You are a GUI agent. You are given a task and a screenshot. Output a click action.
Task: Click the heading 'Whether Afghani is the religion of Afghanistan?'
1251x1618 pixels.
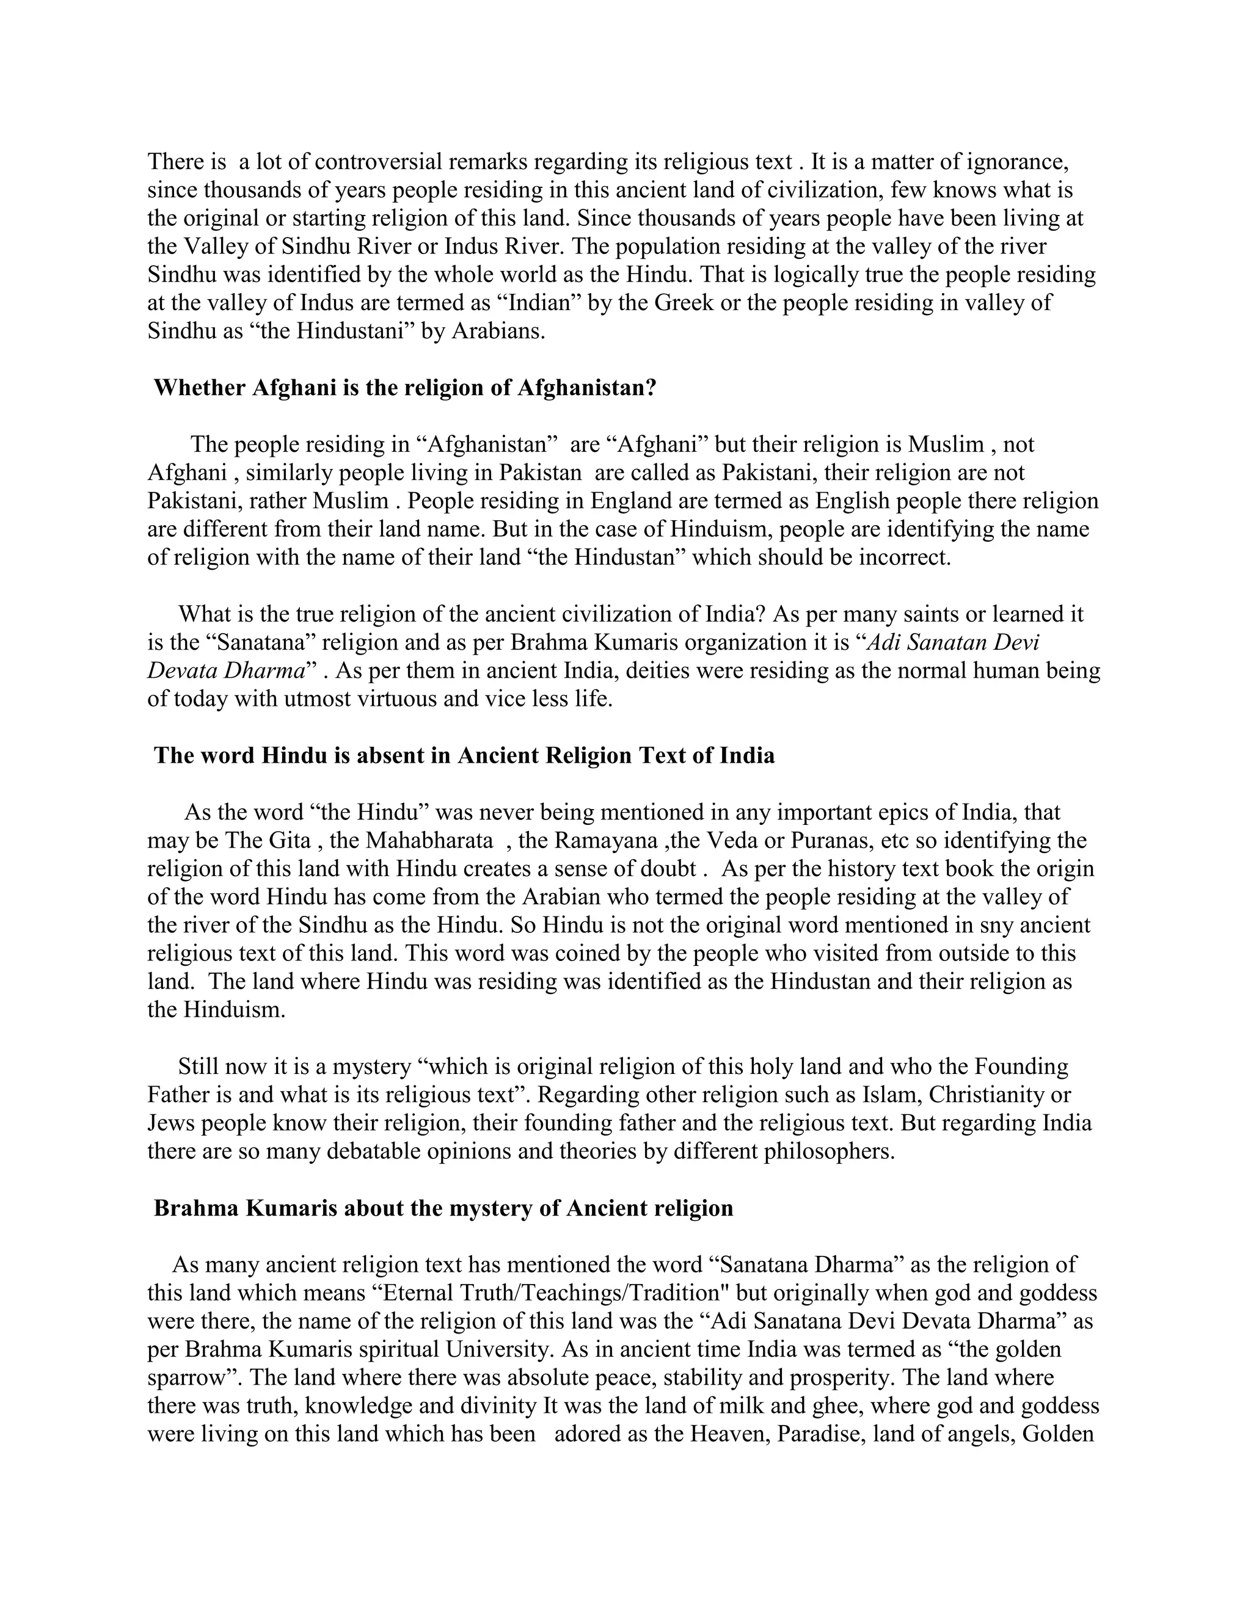click(404, 388)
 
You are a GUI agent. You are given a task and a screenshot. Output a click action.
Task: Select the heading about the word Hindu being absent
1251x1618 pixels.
click(464, 756)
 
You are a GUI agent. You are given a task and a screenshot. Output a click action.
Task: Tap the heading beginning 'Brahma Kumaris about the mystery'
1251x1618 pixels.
click(443, 1208)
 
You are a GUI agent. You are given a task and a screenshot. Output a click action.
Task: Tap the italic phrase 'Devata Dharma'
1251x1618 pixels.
click(227, 671)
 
